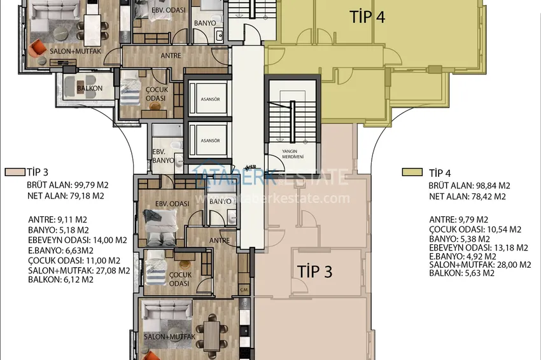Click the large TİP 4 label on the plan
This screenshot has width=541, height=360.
[x=367, y=17]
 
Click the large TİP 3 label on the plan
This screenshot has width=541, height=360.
[x=315, y=272]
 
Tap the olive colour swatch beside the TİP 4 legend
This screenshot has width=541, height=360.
[x=411, y=172]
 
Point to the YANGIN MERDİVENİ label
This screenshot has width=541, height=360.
[x=292, y=153]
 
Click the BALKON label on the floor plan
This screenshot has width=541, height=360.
[x=90, y=88]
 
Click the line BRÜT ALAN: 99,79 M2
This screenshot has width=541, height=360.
[x=68, y=185]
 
